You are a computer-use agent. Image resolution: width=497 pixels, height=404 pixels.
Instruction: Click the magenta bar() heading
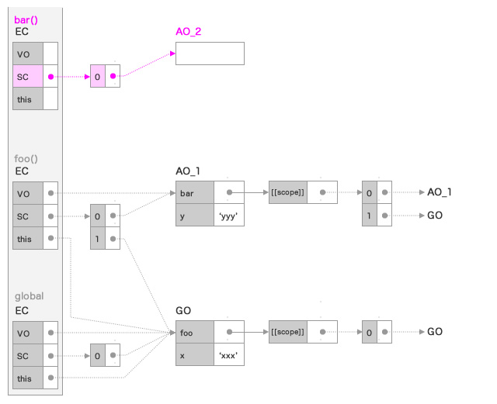pyautogui.click(x=27, y=19)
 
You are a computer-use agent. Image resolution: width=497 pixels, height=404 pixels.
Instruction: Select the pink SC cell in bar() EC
pyautogui.click(x=28, y=77)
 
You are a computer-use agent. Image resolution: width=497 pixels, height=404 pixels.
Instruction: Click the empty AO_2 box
pyautogui.click(x=210, y=54)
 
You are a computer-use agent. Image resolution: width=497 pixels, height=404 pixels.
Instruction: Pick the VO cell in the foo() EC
pyautogui.click(x=28, y=193)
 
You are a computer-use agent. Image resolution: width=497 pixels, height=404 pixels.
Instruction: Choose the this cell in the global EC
pyautogui.click(x=28, y=378)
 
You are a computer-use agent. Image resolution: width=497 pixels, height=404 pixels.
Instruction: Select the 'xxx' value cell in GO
pyautogui.click(x=229, y=355)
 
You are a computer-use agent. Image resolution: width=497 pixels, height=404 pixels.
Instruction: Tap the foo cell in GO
pyautogui.click(x=194, y=332)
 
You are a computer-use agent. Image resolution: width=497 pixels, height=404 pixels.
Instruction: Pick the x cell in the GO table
pyautogui.click(x=194, y=355)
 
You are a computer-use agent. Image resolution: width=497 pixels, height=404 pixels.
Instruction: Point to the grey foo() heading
pyautogui.click(x=26, y=158)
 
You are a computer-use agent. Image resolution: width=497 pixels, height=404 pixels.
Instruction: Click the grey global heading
pyautogui.click(x=30, y=296)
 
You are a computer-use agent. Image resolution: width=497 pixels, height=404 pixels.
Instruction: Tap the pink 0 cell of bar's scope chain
pyautogui.click(x=98, y=77)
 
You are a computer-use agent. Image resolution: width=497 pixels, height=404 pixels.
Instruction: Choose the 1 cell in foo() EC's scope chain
pyautogui.click(x=98, y=238)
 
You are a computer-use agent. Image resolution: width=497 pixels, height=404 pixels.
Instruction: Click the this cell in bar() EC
pyautogui.click(x=28, y=99)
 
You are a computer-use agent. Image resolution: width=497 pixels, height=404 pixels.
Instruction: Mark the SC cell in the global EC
pyautogui.click(x=28, y=355)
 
